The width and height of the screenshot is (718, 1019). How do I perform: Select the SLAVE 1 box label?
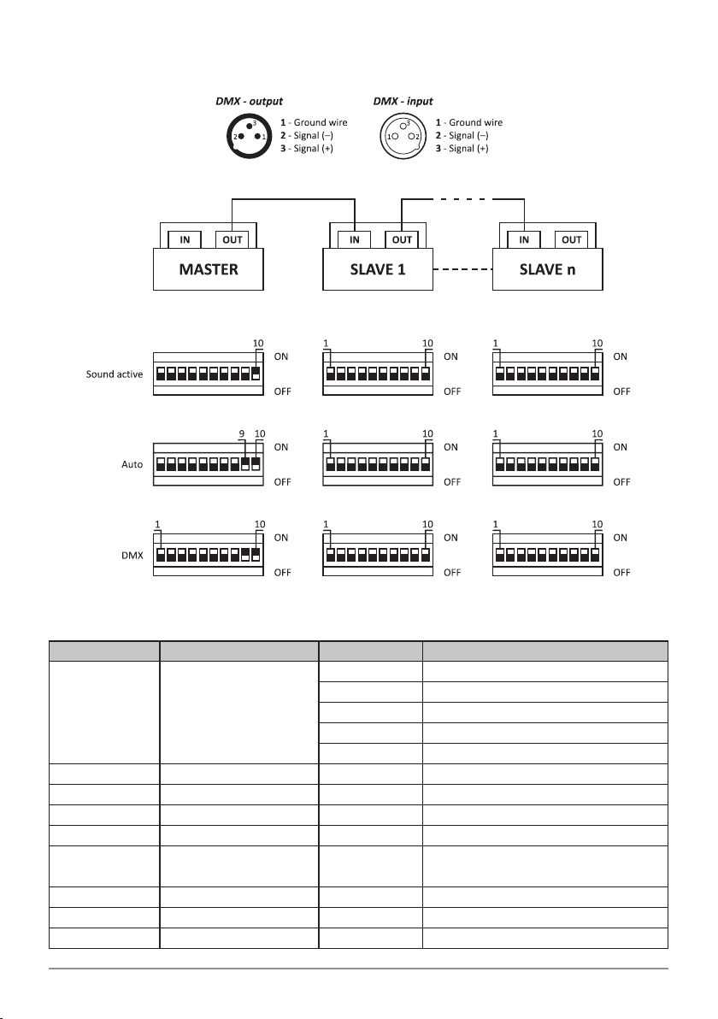[379, 269]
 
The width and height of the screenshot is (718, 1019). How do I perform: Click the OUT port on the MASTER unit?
[232, 239]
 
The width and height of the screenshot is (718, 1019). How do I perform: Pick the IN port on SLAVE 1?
[355, 239]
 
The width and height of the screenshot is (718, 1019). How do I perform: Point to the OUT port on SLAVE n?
[571, 239]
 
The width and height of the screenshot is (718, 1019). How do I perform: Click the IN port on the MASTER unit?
[183, 239]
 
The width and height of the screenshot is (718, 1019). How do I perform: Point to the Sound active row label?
[114, 374]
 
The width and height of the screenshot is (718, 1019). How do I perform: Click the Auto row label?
[132, 465]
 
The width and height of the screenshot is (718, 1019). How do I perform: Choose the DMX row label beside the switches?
[131, 555]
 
